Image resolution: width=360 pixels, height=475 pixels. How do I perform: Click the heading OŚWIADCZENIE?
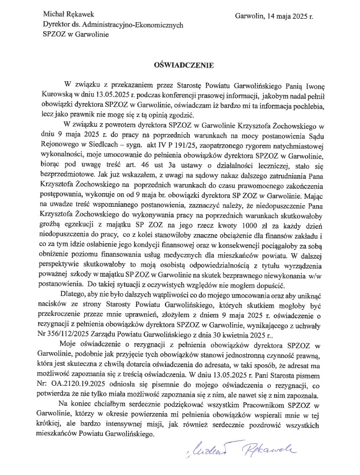180,66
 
